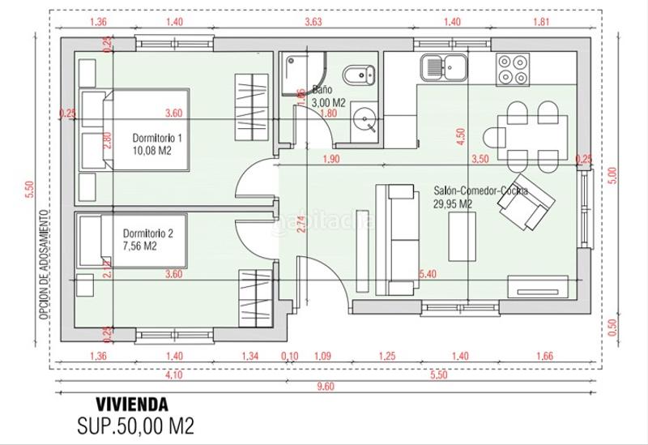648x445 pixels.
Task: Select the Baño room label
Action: click(x=322, y=91)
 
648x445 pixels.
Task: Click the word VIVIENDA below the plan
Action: click(x=132, y=404)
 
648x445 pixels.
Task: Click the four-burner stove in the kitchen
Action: click(x=513, y=68)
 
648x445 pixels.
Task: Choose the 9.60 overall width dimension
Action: click(x=324, y=387)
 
